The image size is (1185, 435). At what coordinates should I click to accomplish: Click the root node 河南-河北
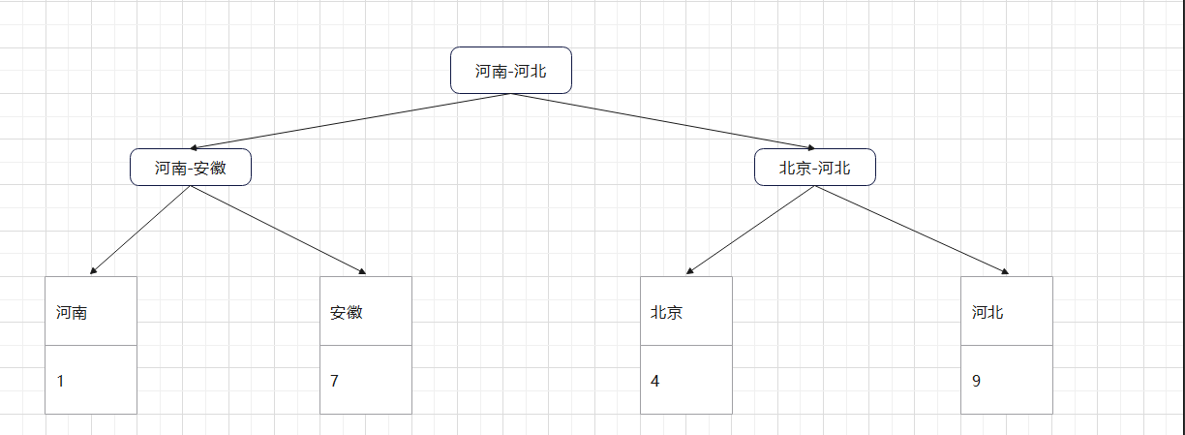[510, 71]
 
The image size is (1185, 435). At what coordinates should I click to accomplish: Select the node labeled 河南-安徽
[191, 168]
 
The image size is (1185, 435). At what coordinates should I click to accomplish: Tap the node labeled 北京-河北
[815, 168]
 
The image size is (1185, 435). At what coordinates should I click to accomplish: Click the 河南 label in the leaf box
[72, 313]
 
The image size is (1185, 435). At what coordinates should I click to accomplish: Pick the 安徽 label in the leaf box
[346, 313]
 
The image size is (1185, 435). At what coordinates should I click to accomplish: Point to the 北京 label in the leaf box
[667, 313]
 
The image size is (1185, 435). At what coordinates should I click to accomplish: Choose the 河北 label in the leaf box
[987, 313]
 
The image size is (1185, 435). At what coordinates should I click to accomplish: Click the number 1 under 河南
[61, 381]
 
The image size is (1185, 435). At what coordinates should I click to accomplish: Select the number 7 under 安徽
[334, 381]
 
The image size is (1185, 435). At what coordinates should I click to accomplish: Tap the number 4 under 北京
[655, 381]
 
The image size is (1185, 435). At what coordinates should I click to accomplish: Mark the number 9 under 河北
[976, 381]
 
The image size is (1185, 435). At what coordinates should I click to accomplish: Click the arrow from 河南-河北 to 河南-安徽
[350, 121]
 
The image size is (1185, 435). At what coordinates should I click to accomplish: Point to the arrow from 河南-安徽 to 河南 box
[140, 231]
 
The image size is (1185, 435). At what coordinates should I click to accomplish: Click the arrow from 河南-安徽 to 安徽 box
[279, 231]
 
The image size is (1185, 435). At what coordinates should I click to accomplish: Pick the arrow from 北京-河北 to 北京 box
[750, 231]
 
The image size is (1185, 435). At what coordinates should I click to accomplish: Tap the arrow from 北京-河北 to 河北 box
[912, 231]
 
